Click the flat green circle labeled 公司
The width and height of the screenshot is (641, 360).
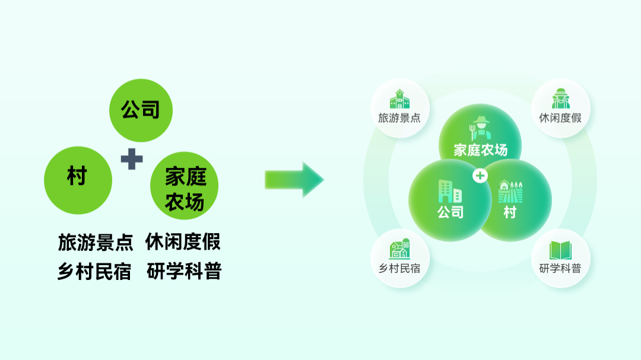[141, 110]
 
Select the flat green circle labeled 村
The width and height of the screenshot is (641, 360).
[78, 180]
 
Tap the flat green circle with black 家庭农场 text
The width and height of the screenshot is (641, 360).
[185, 186]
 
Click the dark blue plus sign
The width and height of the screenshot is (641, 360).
[132, 159]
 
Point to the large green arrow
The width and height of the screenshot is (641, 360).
[294, 180]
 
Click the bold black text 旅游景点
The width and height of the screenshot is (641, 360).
[96, 243]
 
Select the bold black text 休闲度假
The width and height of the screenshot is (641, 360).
[183, 241]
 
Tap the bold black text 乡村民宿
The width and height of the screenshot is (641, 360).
[94, 271]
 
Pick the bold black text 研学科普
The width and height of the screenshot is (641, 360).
[184, 271]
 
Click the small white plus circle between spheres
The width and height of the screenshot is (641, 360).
[480, 176]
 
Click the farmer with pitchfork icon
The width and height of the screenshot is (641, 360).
[480, 128]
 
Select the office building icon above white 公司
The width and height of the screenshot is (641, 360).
[450, 191]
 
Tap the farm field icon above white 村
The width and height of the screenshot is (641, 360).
[510, 192]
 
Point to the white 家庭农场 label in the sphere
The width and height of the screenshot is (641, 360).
[481, 151]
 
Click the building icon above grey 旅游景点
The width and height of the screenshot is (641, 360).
[399, 99]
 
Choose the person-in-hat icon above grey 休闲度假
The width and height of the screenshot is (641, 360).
[560, 98]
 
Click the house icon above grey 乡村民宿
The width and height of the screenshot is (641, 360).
[399, 249]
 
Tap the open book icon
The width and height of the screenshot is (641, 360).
[560, 250]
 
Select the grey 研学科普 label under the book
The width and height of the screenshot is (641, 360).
[560, 269]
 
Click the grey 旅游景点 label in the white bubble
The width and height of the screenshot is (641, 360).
[399, 118]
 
